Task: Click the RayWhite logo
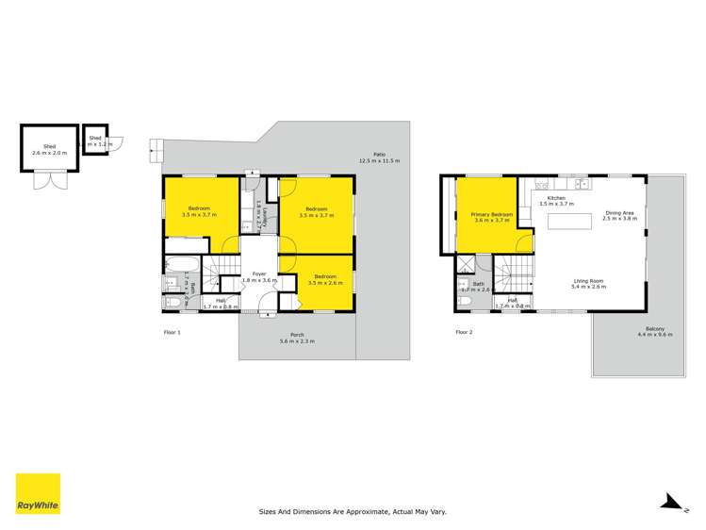[38, 493]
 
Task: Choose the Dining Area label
[619, 213]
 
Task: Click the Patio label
[379, 157]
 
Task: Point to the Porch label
[297, 338]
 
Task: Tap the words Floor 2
[464, 332]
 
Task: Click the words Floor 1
[172, 332]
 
